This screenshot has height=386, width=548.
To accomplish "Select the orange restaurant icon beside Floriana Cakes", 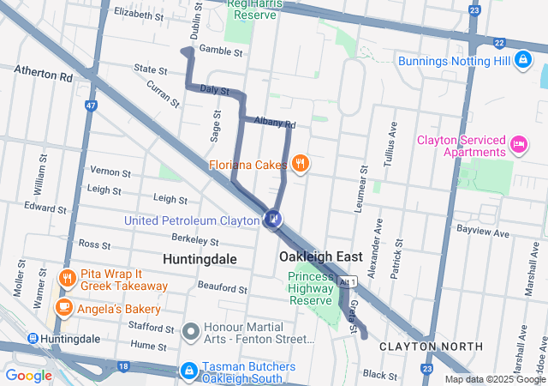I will point(300,162).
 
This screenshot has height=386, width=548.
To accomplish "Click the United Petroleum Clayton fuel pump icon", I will point(273,220).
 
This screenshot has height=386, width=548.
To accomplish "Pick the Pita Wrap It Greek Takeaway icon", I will point(67,278).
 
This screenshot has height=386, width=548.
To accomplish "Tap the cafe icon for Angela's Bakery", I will point(63,307).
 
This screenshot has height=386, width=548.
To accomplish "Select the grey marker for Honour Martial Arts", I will point(190,330).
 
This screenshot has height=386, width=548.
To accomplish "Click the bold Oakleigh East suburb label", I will point(321,256).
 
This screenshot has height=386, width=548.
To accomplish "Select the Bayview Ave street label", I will point(483,232).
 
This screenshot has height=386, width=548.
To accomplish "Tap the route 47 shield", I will point(90,105).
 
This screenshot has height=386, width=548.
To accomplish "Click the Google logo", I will point(29,375).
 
